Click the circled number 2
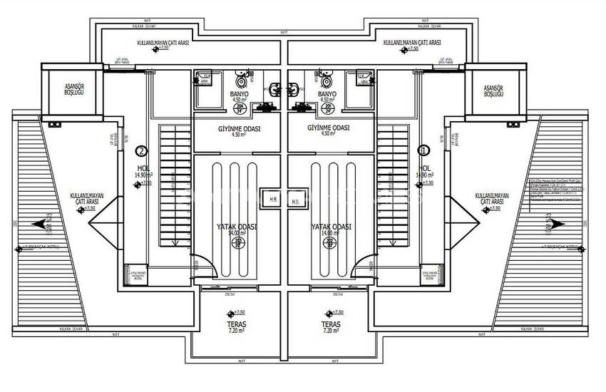(141, 151)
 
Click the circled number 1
(424, 151)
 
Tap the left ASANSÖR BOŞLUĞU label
(66, 90)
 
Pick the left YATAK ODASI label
(237, 228)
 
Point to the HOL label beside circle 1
(425, 169)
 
